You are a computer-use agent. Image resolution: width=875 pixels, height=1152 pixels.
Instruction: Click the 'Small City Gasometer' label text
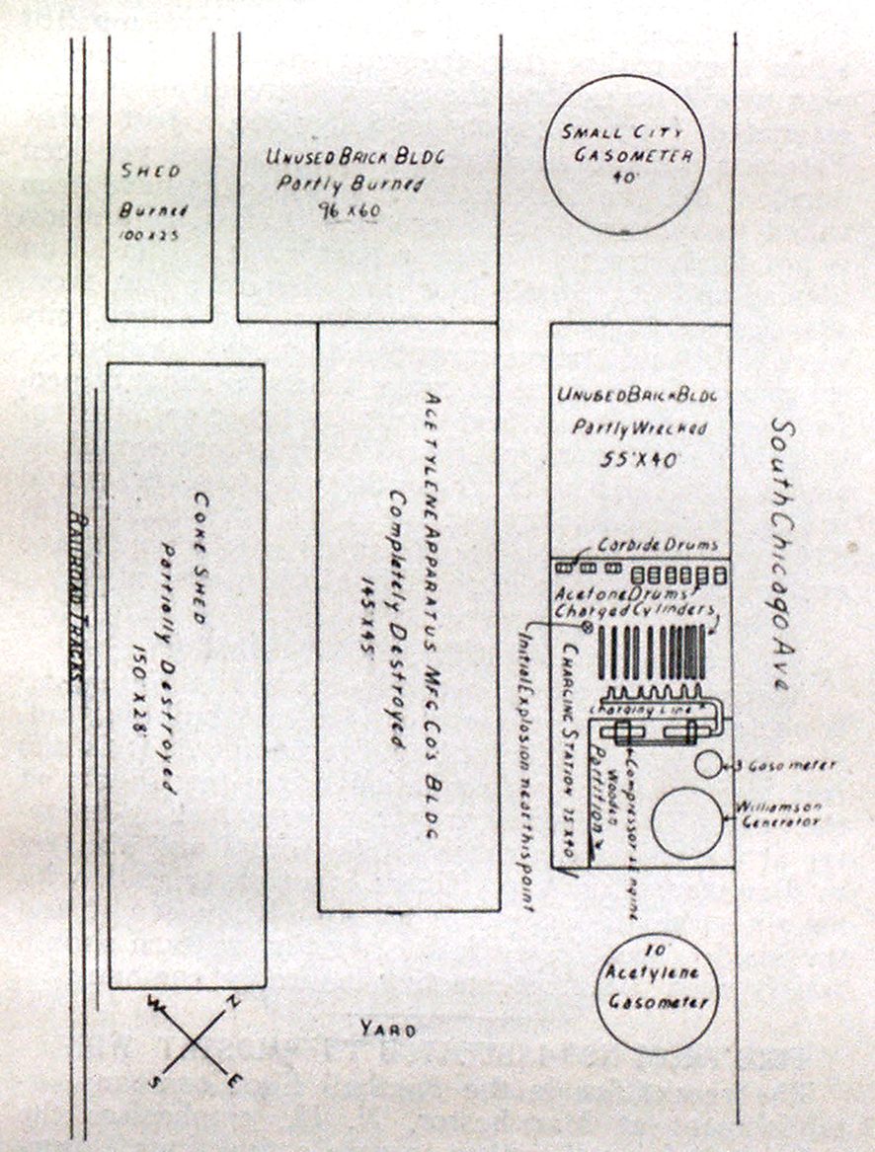point(626,143)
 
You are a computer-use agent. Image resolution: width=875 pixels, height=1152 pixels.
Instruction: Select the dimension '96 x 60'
point(335,209)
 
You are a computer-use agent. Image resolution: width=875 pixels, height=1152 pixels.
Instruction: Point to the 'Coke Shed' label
point(198,558)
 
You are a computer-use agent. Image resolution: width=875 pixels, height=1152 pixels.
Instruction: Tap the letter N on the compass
point(233,1001)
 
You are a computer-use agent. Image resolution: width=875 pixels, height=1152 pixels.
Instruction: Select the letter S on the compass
point(155,1082)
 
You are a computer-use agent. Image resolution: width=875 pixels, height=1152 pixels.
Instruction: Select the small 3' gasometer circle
point(707,763)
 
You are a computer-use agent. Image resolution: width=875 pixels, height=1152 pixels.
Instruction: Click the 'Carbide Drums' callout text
point(657,546)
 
